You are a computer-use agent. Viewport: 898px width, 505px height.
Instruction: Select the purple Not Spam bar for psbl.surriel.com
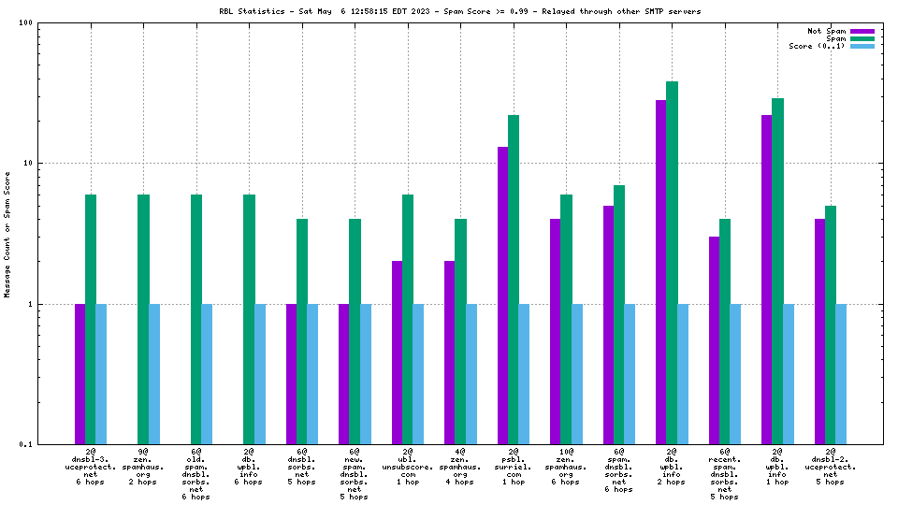(x=503, y=295)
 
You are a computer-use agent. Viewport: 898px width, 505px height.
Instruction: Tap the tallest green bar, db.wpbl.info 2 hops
(x=672, y=262)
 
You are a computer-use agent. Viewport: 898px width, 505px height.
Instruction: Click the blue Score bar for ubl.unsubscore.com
(x=418, y=373)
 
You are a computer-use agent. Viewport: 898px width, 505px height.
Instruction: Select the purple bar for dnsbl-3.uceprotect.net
(x=80, y=373)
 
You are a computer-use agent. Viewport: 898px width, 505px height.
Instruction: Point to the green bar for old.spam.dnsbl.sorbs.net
(x=196, y=318)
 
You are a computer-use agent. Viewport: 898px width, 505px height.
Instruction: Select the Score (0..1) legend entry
(x=817, y=46)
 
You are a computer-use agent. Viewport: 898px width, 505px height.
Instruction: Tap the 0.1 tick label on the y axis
(x=26, y=444)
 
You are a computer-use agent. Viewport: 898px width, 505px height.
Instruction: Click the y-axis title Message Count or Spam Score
(x=7, y=234)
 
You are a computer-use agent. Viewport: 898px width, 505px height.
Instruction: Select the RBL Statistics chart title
(x=459, y=11)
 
